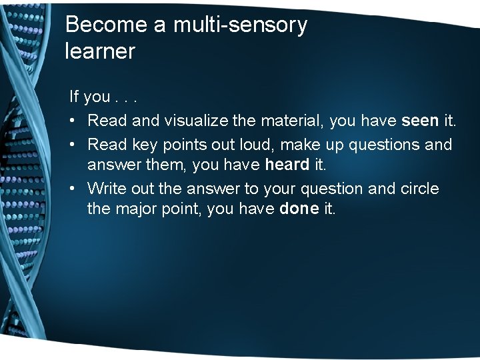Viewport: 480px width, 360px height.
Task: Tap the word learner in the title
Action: (x=100, y=51)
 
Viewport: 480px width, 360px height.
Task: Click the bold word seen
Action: (x=420, y=121)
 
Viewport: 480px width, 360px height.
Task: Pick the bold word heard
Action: (x=287, y=165)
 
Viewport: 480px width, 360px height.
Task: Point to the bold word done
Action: (x=299, y=209)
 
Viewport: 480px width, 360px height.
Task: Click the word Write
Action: (x=104, y=189)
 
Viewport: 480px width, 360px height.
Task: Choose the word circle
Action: (x=419, y=189)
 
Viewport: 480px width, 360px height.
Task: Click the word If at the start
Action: (x=74, y=97)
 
